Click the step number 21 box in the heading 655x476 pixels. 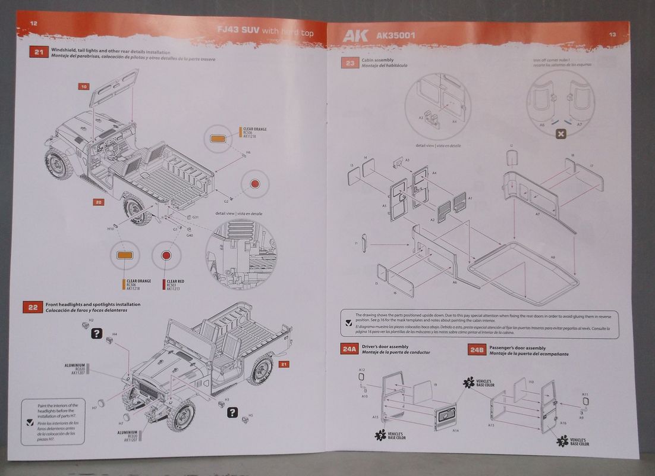point(38,52)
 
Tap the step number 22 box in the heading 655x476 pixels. point(33,307)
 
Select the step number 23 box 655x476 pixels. point(350,62)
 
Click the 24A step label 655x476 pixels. point(349,350)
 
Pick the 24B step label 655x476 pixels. point(477,350)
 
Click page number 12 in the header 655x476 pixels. point(33,23)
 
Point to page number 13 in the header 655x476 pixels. point(612,35)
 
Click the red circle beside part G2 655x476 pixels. point(254,184)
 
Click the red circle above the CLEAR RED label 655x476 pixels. point(166,257)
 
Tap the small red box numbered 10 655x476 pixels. point(84,86)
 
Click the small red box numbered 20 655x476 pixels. point(99,202)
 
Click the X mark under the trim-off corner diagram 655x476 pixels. point(560,134)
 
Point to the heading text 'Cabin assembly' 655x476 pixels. point(377,60)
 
